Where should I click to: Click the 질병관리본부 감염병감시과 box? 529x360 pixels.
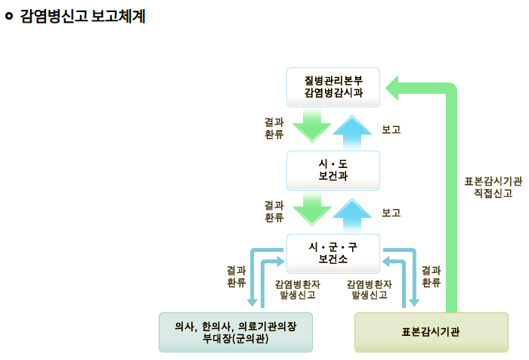333,87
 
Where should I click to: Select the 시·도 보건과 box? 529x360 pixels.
333,170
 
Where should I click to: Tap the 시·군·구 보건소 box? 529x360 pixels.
333,253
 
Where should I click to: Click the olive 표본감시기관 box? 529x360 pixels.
431,332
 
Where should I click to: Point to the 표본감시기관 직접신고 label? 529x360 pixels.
493,187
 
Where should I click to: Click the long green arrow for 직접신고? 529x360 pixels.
451,197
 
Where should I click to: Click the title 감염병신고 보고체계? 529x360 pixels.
82,16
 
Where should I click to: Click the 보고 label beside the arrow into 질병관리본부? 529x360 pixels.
391,129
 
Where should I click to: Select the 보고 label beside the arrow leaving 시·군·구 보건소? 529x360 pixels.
391,213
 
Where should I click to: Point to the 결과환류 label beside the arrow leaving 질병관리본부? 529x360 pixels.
274,128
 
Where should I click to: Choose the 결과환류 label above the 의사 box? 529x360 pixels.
236,276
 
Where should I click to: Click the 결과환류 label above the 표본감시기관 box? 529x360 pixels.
431,276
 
